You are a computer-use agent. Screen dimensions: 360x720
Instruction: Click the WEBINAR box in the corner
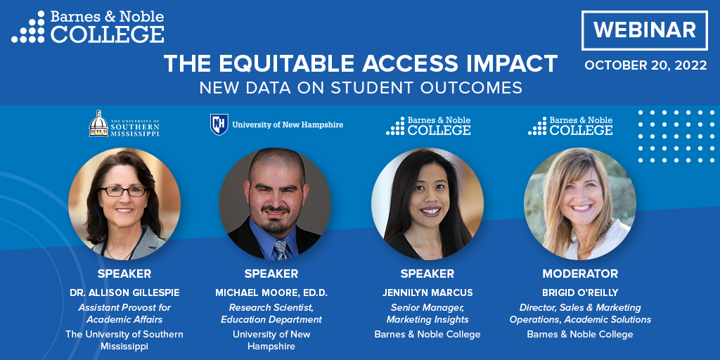[645, 30]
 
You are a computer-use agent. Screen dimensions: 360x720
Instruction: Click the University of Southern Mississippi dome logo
[99, 124]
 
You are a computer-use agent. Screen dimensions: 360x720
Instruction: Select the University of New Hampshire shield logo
[219, 124]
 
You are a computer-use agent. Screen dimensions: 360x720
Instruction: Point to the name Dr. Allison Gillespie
[124, 292]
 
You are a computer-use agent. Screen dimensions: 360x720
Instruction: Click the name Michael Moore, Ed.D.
[271, 292]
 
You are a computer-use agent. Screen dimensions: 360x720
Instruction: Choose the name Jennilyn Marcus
[427, 292]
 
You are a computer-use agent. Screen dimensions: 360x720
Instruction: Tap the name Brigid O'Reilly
[580, 292]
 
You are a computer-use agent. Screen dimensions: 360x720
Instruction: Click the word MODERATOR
[580, 274]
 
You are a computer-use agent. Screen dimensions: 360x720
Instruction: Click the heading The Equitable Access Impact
[361, 64]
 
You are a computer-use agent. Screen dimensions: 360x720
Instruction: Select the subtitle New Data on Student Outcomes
[361, 88]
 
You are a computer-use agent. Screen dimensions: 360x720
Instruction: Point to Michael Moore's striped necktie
[281, 248]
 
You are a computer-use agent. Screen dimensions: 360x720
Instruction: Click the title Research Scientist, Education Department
[271, 314]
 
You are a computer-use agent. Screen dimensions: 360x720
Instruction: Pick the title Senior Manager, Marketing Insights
[427, 314]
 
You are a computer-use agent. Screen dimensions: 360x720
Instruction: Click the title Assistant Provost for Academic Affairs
[124, 314]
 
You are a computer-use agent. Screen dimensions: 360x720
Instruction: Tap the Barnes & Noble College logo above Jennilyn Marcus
[428, 126]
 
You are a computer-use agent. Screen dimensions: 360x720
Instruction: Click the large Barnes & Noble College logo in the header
[88, 27]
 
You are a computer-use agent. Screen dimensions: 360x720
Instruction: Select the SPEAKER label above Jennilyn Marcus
[427, 274]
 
